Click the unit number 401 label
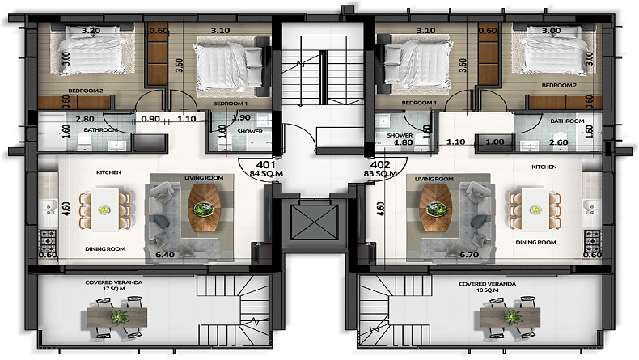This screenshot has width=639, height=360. tap(265, 165)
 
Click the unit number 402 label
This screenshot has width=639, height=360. tap(380, 165)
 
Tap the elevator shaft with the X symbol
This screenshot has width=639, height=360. tap(314, 222)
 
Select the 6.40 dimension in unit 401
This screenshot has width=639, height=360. tap(165, 255)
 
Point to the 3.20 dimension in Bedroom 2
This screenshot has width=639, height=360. tap(91, 30)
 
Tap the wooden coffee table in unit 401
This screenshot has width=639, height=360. tap(204, 208)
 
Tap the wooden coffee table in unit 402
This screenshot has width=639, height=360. tap(436, 208)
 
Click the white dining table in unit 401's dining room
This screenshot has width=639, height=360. tap(104, 210)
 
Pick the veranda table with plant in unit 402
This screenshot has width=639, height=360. tap(510, 317)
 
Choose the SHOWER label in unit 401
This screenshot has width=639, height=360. tap(250, 132)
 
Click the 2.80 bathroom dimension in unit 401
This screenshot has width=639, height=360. tap(85, 119)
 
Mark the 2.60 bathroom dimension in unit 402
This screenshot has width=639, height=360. tap(558, 142)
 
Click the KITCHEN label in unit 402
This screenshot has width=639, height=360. tap(544, 167)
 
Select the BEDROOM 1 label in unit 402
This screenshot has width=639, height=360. tap(419, 103)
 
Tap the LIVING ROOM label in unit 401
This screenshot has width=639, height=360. tap(204, 178)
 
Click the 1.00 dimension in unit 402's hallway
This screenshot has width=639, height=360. tap(495, 142)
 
